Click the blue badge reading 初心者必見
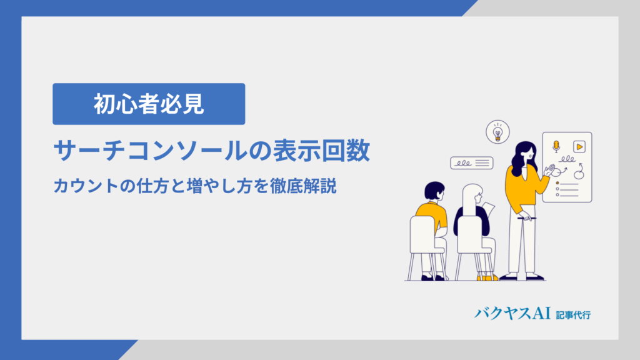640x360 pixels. [149, 104]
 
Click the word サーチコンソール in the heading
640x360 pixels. [150, 151]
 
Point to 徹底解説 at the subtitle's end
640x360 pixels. [303, 186]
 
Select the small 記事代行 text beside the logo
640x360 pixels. [573, 315]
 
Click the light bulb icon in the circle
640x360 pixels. [497, 132]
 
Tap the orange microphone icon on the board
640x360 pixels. [556, 146]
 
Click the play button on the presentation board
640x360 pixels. [579, 146]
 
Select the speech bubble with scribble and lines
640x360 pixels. [471, 163]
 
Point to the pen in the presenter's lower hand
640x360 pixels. [526, 218]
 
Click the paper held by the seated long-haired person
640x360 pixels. [489, 209]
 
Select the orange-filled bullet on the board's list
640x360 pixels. [557, 183]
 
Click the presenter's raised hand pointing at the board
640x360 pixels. [549, 170]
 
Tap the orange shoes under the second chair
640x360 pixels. [487, 278]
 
